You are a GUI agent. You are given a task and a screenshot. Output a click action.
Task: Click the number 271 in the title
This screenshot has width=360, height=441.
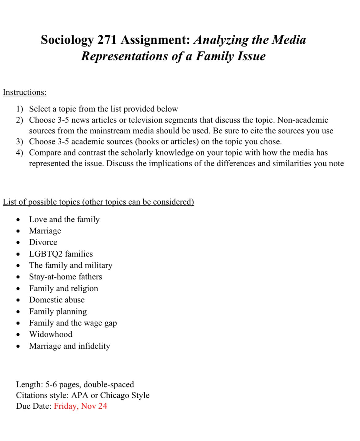[x=107, y=40]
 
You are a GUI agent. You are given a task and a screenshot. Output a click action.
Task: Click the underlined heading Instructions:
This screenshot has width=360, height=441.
[x=25, y=92]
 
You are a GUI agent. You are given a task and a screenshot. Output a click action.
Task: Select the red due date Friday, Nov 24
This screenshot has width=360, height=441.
[x=80, y=406]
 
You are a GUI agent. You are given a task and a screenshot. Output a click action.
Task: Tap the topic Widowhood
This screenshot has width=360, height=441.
[x=50, y=334]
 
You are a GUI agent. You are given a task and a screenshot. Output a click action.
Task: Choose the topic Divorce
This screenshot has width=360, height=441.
[x=43, y=242]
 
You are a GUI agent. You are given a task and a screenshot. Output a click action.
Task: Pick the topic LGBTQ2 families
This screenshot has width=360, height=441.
[x=61, y=254]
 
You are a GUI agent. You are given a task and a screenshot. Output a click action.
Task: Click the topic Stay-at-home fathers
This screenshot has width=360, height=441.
[x=66, y=277]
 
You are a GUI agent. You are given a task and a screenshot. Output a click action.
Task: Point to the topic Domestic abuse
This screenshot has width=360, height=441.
[x=57, y=300]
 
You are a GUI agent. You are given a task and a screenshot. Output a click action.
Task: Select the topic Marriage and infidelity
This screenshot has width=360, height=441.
[x=70, y=346]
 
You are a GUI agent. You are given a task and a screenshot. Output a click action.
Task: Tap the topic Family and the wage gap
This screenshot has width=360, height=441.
[x=73, y=323]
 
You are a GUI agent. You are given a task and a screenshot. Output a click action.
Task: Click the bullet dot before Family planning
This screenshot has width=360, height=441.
[x=19, y=312]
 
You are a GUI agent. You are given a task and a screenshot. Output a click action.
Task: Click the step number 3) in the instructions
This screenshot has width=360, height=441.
[x=20, y=142]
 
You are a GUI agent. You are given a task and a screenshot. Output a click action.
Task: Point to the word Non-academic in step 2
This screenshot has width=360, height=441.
[x=303, y=120]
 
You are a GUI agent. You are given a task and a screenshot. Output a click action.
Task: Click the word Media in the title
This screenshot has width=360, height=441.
[x=289, y=40]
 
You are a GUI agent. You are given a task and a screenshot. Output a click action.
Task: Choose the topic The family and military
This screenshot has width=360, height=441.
[x=71, y=265]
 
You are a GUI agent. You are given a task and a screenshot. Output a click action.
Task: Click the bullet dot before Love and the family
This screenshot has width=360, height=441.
[x=19, y=220]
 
